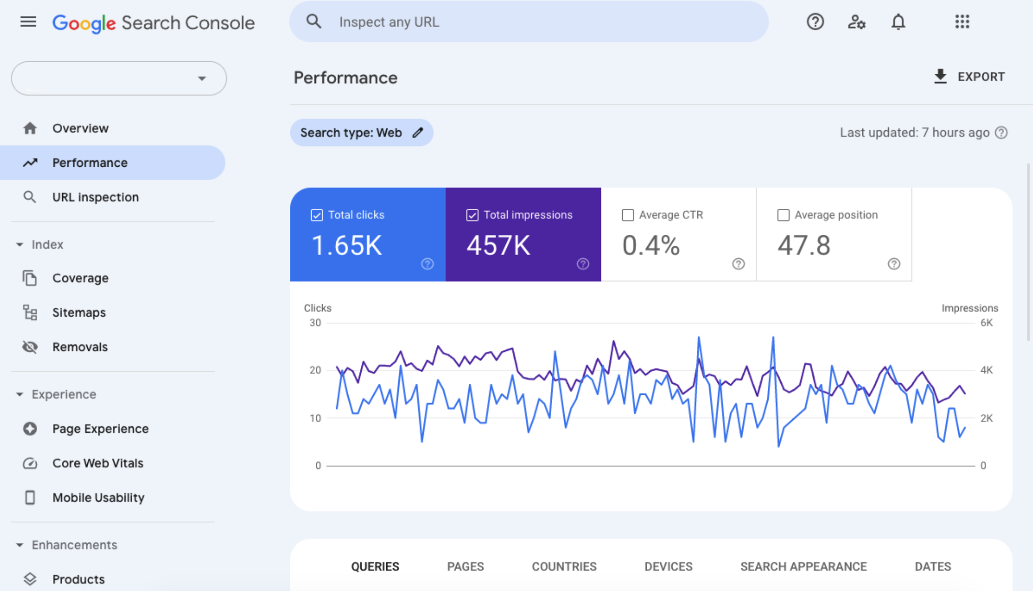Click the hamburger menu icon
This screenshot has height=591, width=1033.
(28, 22)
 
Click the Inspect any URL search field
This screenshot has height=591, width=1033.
(530, 22)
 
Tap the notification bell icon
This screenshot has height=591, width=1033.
(898, 22)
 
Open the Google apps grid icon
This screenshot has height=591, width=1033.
(962, 22)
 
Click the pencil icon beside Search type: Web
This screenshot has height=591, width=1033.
(418, 133)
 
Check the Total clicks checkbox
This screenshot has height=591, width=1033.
(317, 215)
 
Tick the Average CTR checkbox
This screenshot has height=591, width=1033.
(628, 215)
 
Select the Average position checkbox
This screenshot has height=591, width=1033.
(783, 215)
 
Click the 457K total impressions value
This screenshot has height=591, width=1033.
(498, 245)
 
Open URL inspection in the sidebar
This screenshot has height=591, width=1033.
(95, 197)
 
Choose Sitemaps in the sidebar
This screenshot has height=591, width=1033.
(79, 312)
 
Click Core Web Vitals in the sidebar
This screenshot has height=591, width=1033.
(98, 463)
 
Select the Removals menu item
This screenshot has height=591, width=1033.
(80, 347)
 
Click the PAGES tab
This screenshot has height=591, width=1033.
(465, 566)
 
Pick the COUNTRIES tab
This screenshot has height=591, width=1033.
(564, 566)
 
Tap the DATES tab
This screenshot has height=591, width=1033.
(933, 566)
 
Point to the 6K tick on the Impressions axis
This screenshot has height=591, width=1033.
(987, 323)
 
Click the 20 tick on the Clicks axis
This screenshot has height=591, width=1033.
(315, 370)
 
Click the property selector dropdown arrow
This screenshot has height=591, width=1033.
(202, 78)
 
